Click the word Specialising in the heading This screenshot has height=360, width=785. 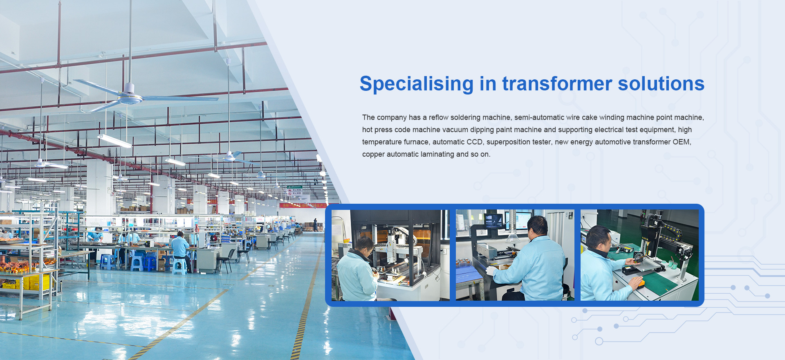(x=416, y=84)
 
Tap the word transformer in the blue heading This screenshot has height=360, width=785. (x=557, y=83)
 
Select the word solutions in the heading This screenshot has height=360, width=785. (x=661, y=83)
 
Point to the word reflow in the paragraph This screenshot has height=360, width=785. (x=439, y=117)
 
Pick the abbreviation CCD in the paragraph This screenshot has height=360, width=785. (x=474, y=142)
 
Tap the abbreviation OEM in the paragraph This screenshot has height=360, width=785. (x=682, y=142)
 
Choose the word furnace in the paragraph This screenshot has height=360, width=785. (x=416, y=142)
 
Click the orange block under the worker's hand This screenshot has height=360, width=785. (x=638, y=281)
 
